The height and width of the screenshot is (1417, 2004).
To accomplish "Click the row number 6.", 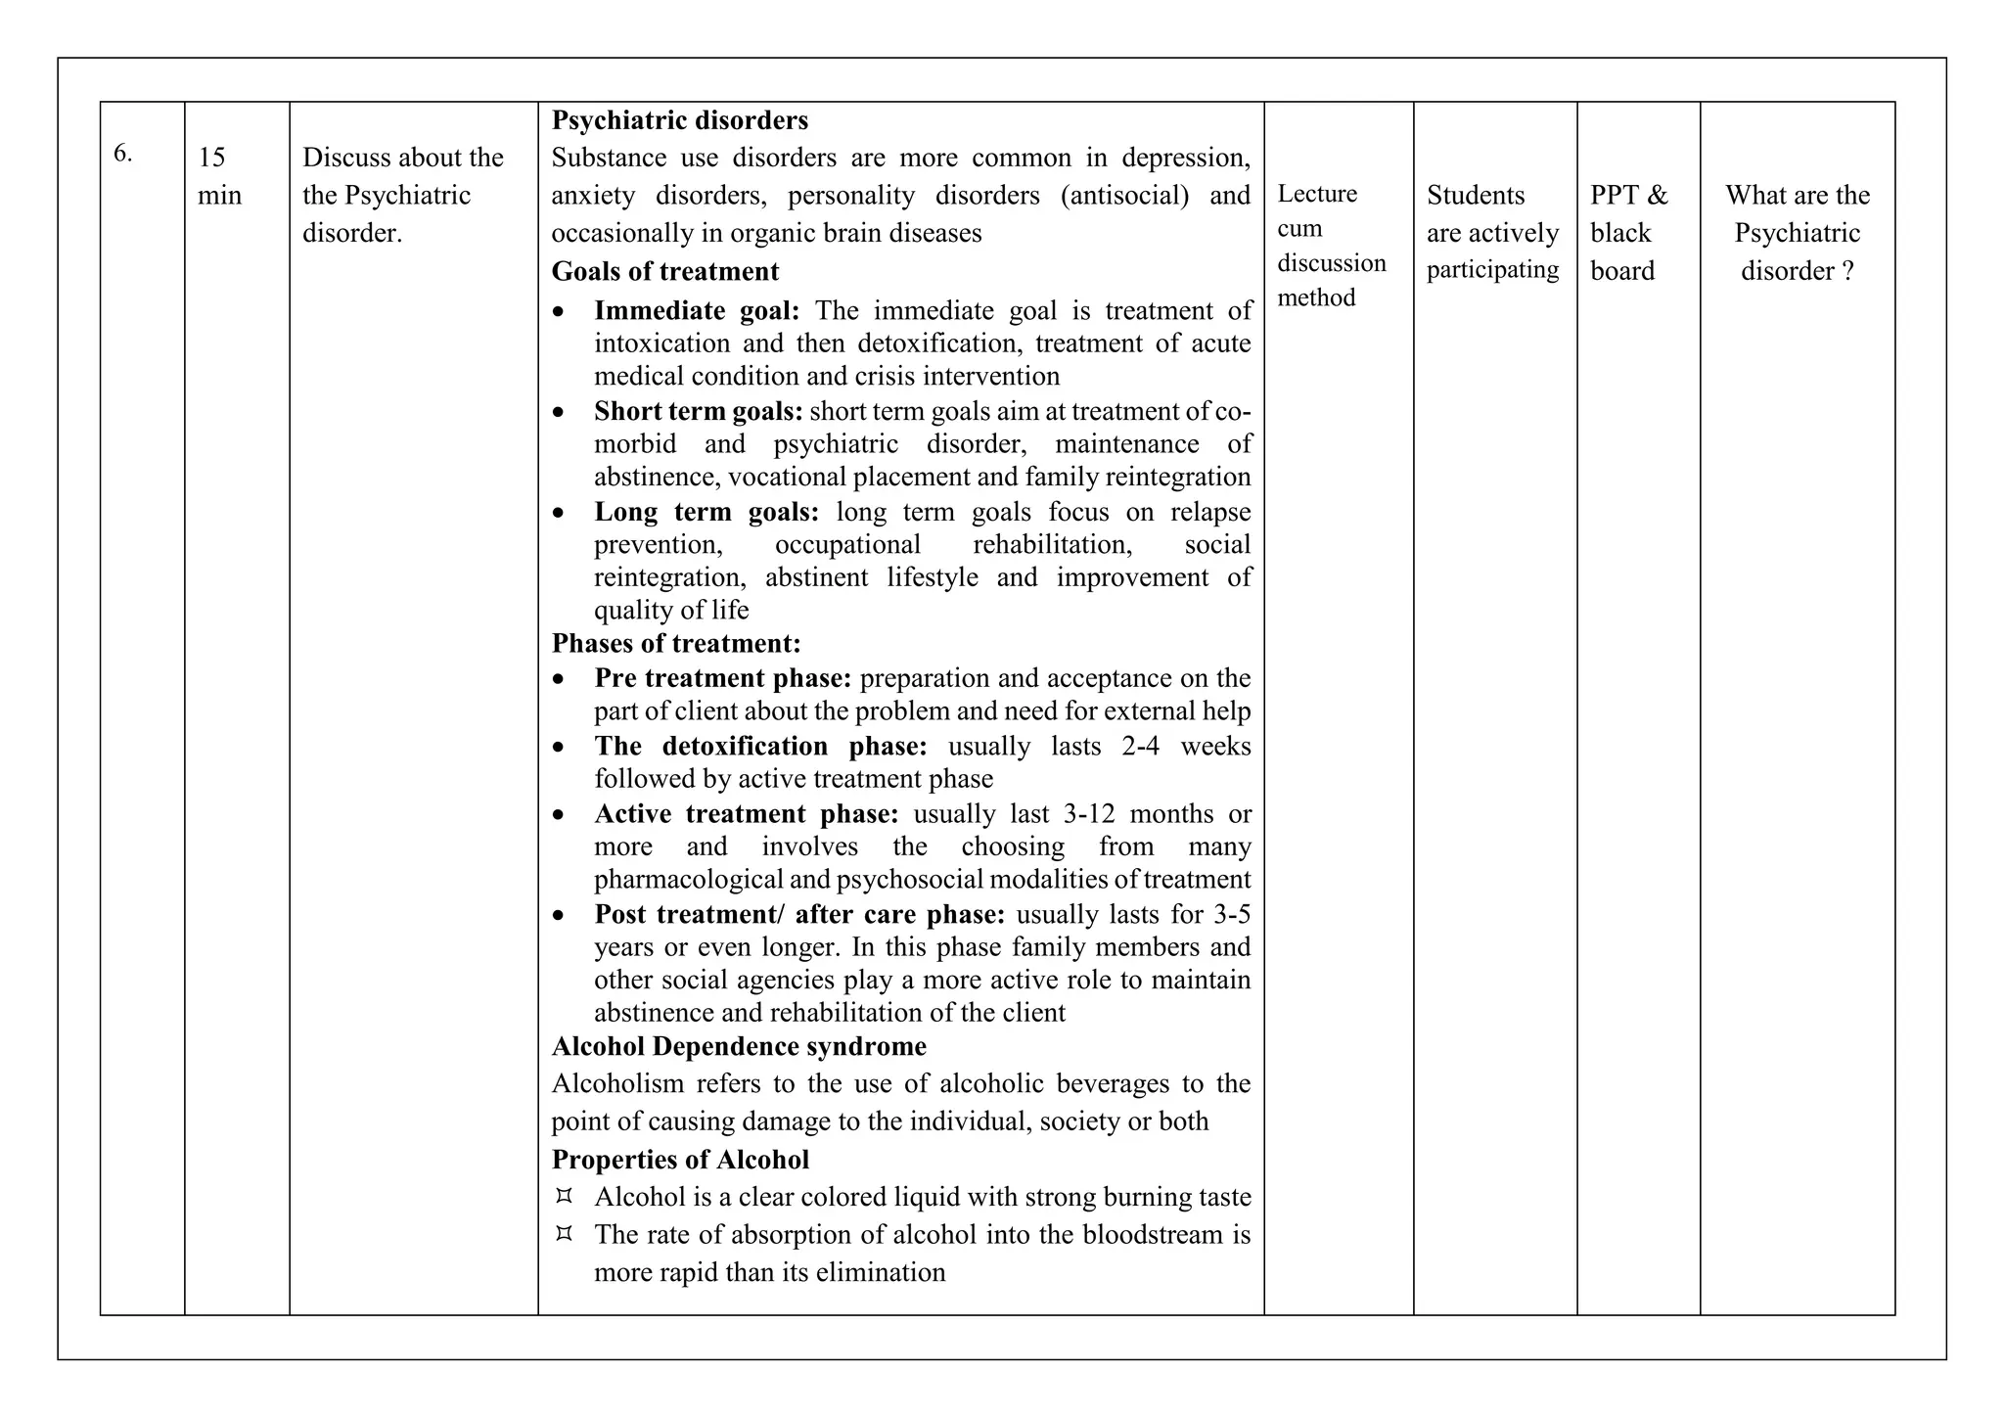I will coord(122,154).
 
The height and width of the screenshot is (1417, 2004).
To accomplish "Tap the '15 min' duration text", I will coord(218,176).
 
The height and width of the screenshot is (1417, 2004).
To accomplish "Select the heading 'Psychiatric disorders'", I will coord(679,120).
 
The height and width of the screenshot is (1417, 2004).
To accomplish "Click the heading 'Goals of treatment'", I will coord(664,271).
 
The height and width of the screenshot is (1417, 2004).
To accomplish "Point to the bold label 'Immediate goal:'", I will coord(696,310).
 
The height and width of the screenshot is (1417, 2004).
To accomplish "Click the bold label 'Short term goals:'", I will coord(698,411).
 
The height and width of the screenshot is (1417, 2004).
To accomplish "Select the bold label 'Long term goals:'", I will coord(706,512).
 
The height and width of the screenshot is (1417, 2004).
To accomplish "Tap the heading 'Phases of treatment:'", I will coord(675,643).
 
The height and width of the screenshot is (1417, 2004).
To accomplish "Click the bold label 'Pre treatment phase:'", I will coord(722,678).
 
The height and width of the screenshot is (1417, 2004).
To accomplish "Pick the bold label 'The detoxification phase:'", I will coord(759,746).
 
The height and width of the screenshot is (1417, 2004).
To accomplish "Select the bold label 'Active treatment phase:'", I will coord(746,813).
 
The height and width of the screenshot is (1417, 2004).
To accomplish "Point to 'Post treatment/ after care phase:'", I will coord(798,914).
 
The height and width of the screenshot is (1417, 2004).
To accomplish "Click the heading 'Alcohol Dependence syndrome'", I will coord(738,1046).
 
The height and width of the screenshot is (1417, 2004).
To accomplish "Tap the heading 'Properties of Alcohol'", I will coord(679,1160).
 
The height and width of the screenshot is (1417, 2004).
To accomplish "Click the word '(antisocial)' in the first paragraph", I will coord(1124,195).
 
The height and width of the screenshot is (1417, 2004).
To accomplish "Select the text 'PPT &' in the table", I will coord(1628,195).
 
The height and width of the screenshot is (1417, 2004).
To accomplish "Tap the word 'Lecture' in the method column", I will coord(1316,194).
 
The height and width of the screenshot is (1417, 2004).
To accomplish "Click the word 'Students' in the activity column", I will coord(1475,195).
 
